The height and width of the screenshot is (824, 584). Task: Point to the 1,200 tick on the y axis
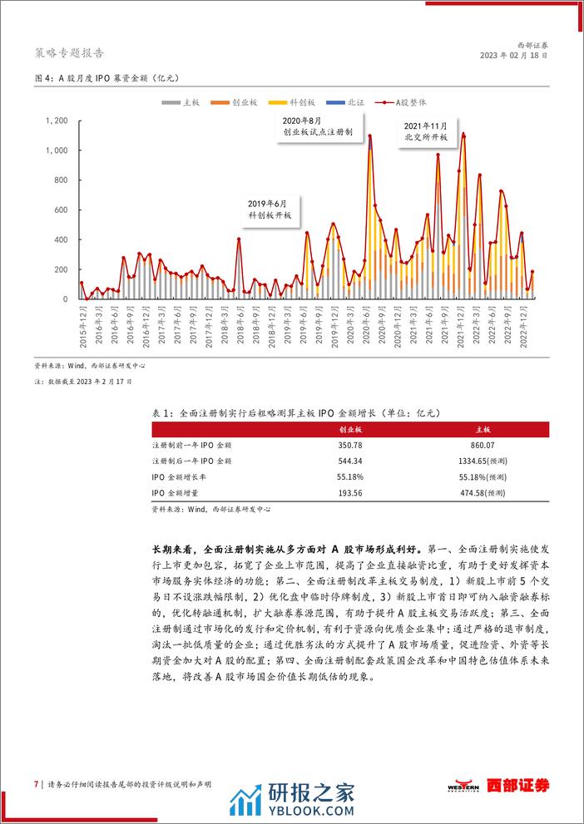(x=55, y=121)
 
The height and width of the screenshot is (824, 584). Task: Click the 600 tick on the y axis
(x=60, y=210)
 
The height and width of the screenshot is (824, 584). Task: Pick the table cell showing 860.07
(x=483, y=445)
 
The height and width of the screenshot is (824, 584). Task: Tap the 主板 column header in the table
(x=483, y=429)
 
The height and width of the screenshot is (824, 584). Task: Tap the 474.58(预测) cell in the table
(x=483, y=492)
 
